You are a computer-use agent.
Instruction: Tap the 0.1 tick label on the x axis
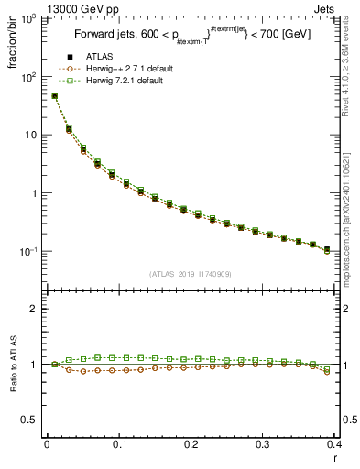[x=119, y=444]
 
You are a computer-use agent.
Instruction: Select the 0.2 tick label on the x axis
[x=191, y=444]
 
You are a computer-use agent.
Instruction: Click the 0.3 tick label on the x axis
[x=263, y=444]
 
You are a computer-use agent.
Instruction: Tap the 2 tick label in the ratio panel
[x=37, y=310]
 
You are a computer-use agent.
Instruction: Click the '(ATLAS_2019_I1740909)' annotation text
[x=189, y=274]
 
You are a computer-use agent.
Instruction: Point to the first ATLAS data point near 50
[x=54, y=96]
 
